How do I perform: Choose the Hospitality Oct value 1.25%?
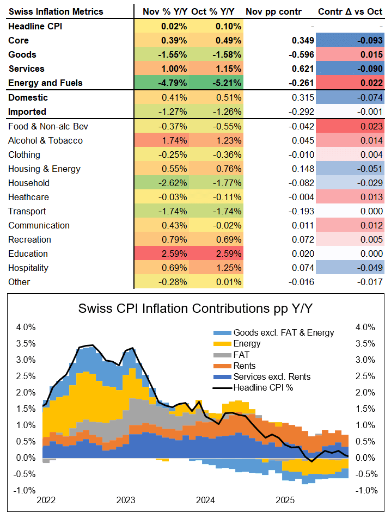click(x=224, y=268)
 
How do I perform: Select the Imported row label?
click(x=27, y=112)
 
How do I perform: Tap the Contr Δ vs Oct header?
click(x=351, y=11)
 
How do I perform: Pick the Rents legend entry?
click(x=245, y=366)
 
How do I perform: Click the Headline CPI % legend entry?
click(x=264, y=388)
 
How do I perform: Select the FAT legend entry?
click(x=242, y=354)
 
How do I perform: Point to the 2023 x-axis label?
click(x=125, y=499)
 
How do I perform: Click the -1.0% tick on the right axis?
click(x=365, y=490)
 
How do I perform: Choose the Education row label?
click(x=28, y=254)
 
